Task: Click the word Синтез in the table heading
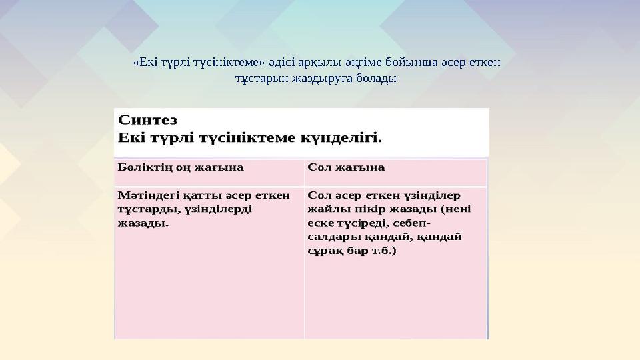[147, 120]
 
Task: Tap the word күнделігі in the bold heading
[341, 139]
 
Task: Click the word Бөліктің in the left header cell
[143, 167]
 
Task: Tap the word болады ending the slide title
[377, 79]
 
